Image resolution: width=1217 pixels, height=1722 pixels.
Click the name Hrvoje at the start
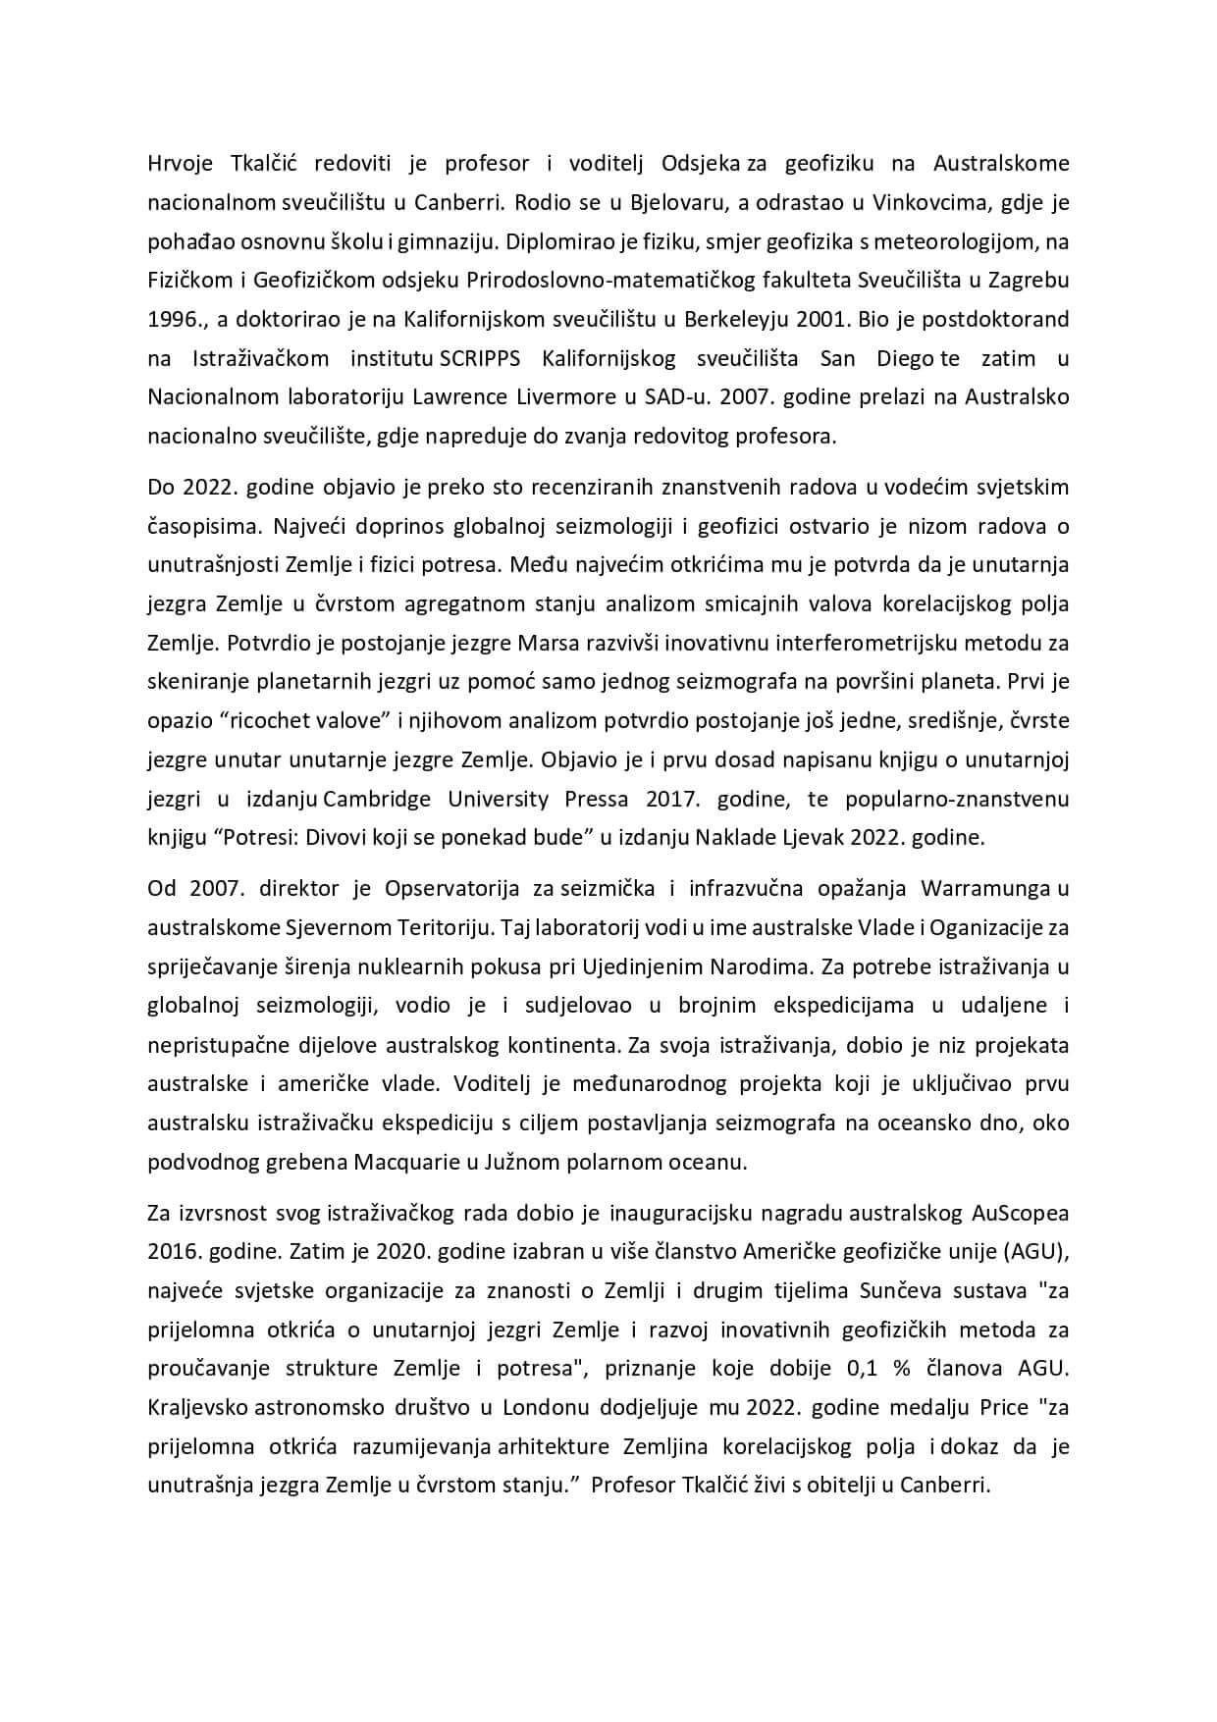pos(179,162)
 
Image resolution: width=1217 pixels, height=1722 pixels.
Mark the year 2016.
pos(173,1251)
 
